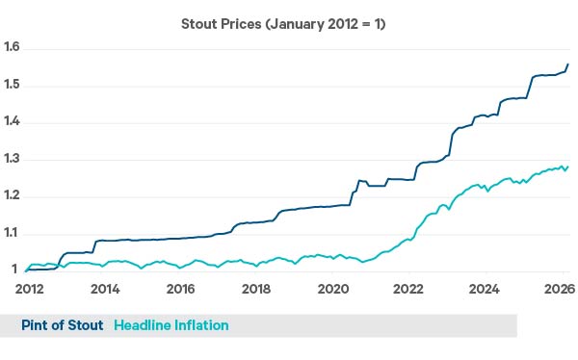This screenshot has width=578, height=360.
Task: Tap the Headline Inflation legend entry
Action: point(171,325)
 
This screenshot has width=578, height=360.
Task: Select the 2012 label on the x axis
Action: point(28,289)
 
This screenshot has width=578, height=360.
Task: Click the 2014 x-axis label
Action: point(104,289)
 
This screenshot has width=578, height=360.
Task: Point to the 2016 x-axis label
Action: point(180,289)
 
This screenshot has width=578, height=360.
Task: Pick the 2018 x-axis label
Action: point(256,289)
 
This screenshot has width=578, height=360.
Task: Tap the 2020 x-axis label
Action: point(332,289)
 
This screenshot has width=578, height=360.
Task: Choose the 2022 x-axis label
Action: point(408,289)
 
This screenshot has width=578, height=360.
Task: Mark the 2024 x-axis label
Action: point(485,289)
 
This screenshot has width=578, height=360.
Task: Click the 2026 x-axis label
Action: point(560,289)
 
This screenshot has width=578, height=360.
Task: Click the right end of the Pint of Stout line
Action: point(567,64)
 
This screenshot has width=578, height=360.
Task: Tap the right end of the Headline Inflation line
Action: point(567,166)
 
